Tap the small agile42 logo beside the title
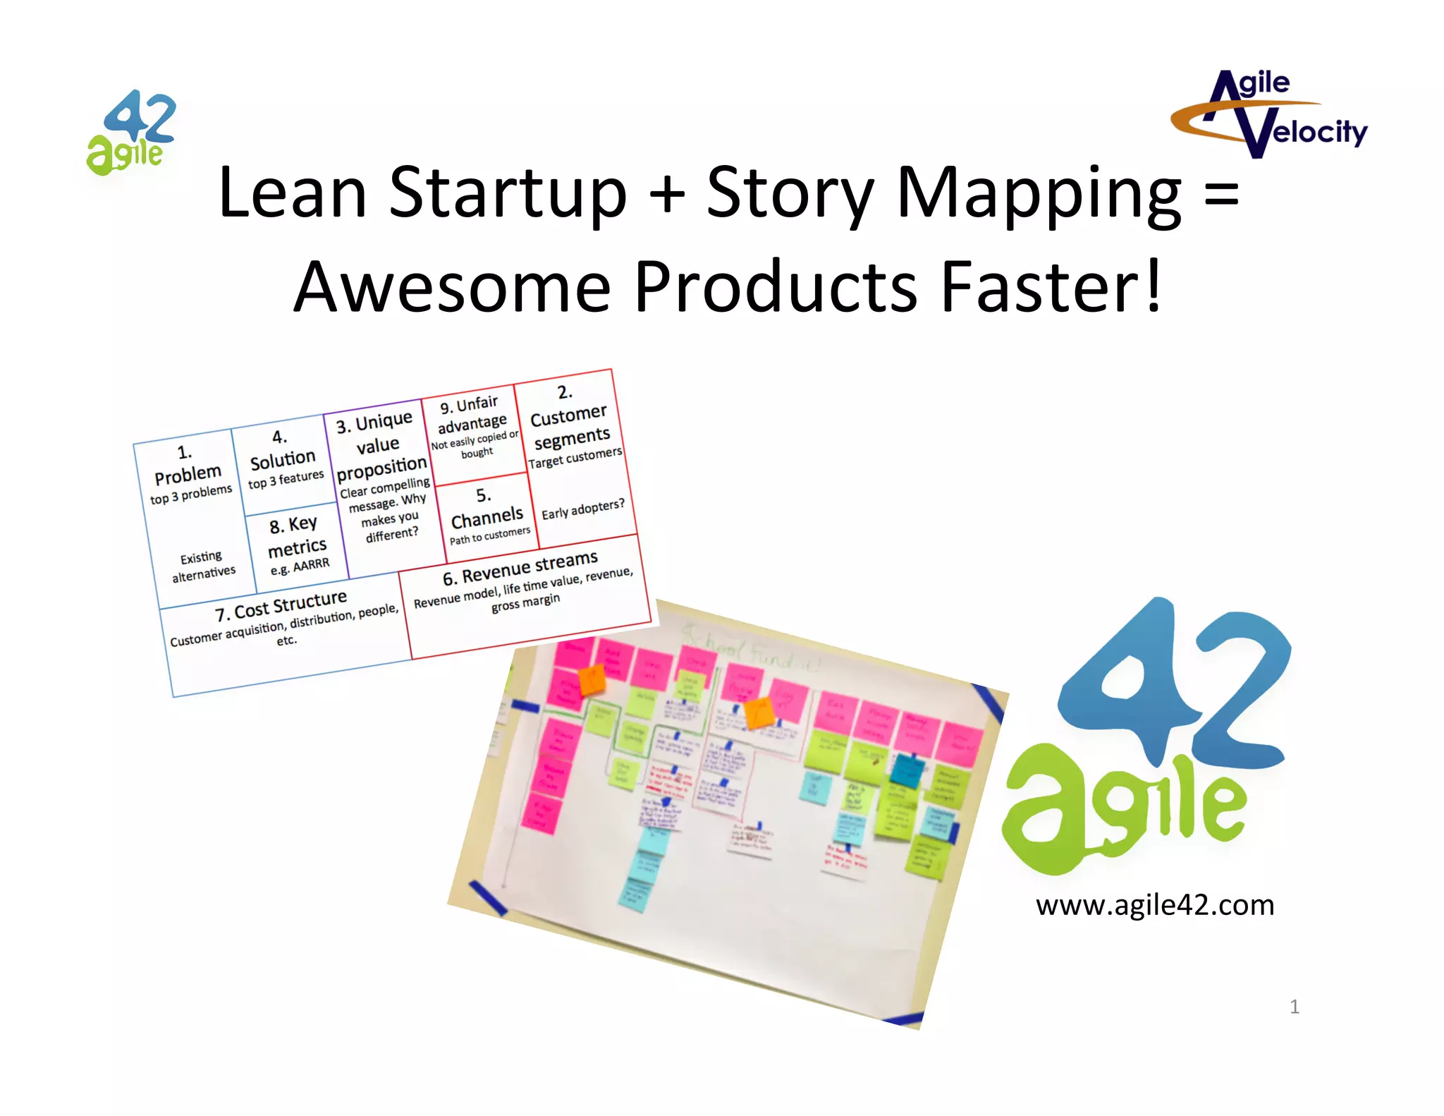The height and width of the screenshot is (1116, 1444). (x=131, y=133)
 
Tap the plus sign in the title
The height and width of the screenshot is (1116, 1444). (x=667, y=195)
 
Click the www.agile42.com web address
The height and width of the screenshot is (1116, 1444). (x=1155, y=905)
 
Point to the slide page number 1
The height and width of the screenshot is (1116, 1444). (x=1294, y=1007)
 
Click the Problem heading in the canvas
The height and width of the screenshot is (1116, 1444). (x=188, y=474)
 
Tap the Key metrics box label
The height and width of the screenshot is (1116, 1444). (x=296, y=536)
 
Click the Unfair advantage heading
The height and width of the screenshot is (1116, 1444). (x=472, y=414)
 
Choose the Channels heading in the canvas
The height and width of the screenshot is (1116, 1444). (x=487, y=519)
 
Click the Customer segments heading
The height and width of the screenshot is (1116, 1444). (x=570, y=427)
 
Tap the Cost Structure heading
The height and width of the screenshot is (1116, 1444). (x=281, y=605)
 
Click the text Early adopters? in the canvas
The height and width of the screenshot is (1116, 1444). (x=582, y=509)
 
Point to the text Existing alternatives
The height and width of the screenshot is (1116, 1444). (x=203, y=566)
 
